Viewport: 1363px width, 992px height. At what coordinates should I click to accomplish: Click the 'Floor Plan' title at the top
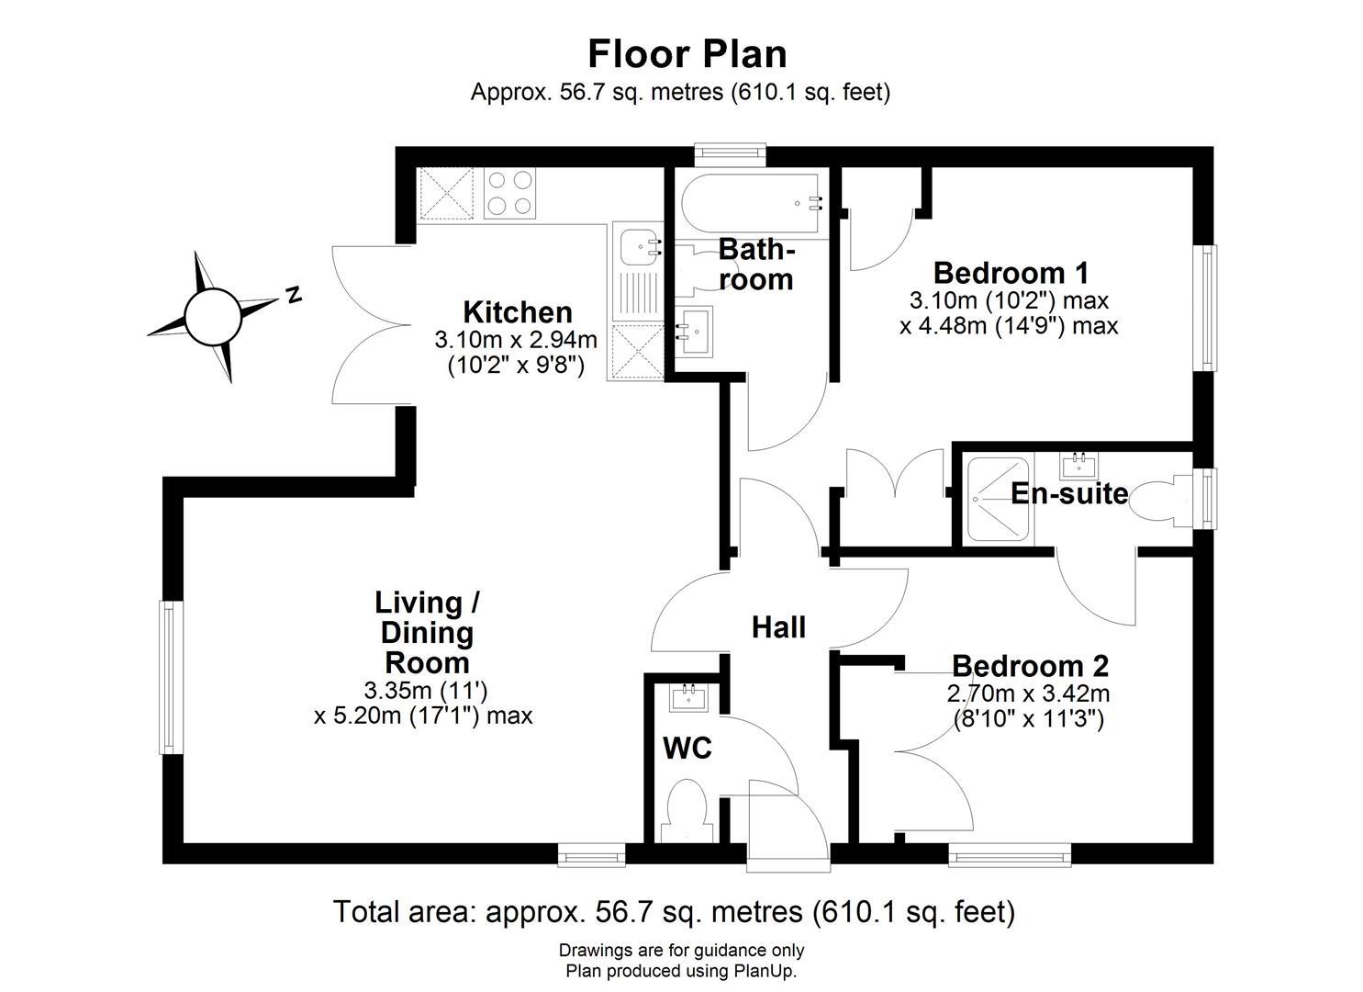687,54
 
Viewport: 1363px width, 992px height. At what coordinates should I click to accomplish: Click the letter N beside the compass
294,295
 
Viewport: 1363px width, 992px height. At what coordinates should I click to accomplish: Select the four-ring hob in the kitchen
509,194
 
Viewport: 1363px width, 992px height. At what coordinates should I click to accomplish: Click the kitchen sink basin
635,246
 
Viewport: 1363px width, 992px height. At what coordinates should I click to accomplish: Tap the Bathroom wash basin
696,329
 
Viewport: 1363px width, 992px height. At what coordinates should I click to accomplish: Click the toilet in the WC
686,811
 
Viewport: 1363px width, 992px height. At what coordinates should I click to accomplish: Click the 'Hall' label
778,627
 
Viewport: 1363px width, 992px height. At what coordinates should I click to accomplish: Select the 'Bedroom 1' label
1011,273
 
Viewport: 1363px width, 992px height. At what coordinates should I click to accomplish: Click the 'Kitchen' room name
517,312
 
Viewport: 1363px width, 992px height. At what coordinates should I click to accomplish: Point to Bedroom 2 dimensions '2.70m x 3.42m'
1028,693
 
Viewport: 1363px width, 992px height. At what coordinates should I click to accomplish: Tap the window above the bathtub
730,152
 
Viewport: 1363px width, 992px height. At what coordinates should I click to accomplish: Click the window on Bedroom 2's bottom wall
1010,858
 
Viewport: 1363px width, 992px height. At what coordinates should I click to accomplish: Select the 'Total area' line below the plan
674,912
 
